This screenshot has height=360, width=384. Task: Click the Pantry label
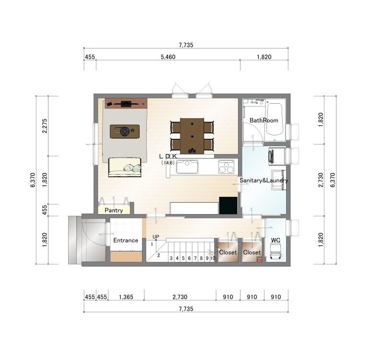point(114,210)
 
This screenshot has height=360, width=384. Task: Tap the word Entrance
point(126,240)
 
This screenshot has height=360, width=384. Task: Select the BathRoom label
point(264,120)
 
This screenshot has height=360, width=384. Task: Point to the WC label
point(276,240)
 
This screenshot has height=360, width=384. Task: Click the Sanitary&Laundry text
point(264,180)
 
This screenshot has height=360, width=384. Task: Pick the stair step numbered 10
point(213,258)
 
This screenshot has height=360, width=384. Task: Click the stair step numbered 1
point(152,244)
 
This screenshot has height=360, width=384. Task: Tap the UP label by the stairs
point(156,237)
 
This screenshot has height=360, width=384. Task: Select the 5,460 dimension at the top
point(168,57)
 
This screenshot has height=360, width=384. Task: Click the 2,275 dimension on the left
point(45,126)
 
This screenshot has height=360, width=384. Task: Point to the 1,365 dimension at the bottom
point(126,297)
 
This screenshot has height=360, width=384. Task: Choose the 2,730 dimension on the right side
point(321,180)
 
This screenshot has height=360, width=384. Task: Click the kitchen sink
point(187,167)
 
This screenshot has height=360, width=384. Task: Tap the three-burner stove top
point(226,167)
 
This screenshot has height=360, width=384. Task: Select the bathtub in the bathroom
point(274,119)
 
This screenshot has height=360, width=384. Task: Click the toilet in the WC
point(276,252)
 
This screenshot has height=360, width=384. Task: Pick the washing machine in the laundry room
point(277,156)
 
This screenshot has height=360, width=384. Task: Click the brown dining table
point(192,136)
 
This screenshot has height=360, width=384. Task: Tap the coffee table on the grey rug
point(125,132)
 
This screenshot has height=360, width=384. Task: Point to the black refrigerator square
point(228,205)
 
